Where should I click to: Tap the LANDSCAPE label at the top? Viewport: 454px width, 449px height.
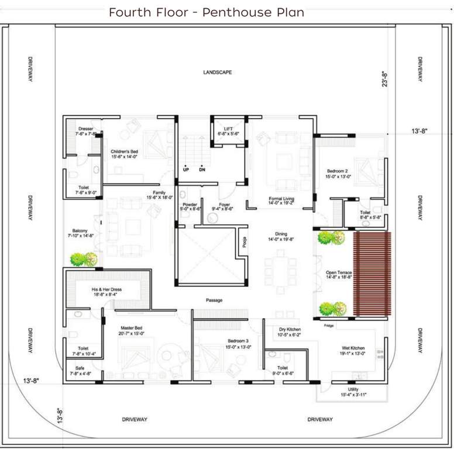pyautogui.click(x=218, y=72)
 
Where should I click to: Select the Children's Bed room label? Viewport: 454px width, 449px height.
pyautogui.click(x=124, y=151)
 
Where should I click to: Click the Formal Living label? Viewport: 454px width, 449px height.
pyautogui.click(x=281, y=199)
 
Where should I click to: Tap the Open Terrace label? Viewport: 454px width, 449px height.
pyautogui.click(x=339, y=272)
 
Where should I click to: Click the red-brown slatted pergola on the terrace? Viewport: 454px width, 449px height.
pyautogui.click(x=372, y=274)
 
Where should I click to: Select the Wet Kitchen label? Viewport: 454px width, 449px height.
pyautogui.click(x=354, y=348)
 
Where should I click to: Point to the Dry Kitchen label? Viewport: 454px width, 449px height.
pyautogui.click(x=290, y=330)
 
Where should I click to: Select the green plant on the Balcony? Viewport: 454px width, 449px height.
pyautogui.click(x=83, y=259)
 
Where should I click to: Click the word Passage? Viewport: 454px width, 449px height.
pyautogui.click(x=214, y=301)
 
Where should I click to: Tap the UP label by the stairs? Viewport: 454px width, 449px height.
pyautogui.click(x=186, y=170)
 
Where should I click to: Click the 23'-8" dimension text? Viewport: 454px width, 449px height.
pyautogui.click(x=385, y=79)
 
